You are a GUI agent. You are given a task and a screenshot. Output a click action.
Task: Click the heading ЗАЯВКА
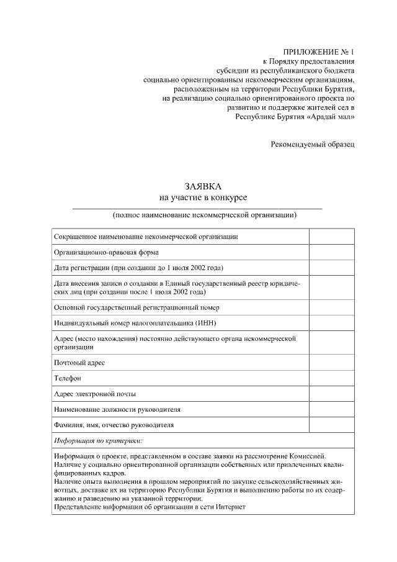point(202,186)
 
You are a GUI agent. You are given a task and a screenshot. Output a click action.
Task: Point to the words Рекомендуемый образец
point(313,144)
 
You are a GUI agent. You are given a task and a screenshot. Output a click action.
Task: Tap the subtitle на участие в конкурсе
point(202,197)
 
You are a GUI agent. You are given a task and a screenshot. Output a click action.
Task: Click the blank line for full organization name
point(197,207)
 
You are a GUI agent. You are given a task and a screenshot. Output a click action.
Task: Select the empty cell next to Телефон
point(332,378)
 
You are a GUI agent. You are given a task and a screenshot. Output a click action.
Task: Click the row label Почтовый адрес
point(79,362)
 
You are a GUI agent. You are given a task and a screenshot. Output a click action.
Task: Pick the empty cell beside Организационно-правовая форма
point(332,252)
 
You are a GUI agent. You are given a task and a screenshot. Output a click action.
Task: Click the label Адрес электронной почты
point(95,394)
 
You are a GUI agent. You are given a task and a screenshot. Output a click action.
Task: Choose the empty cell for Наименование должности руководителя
point(332,410)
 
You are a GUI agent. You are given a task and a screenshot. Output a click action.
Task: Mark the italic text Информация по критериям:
point(98,441)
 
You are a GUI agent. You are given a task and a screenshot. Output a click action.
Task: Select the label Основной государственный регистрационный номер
point(136,307)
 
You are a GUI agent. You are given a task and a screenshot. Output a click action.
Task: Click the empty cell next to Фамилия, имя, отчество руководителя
point(332,425)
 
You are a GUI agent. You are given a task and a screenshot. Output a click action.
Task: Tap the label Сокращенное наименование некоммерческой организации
point(146,237)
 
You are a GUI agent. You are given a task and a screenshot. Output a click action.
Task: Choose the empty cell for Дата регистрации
point(332,268)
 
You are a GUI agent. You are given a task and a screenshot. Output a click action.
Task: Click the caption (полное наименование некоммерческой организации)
point(204,215)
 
